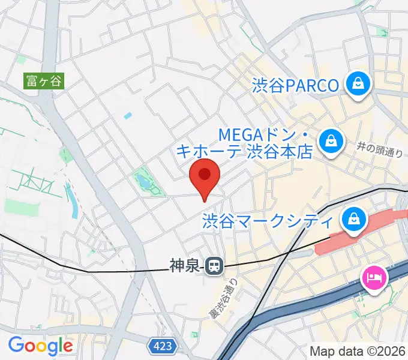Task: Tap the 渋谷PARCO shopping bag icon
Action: point(358,84)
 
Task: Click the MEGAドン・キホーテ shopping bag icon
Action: point(329,141)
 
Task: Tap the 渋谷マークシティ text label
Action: point(268,221)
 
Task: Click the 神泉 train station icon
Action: point(213,266)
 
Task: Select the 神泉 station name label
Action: point(184,266)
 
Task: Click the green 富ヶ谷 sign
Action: point(43,80)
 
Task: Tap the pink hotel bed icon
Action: point(374,277)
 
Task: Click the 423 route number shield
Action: point(161,346)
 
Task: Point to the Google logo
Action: point(40,346)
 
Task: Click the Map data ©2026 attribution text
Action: point(357,351)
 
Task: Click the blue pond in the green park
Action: point(143,181)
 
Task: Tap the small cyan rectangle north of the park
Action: point(127,115)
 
